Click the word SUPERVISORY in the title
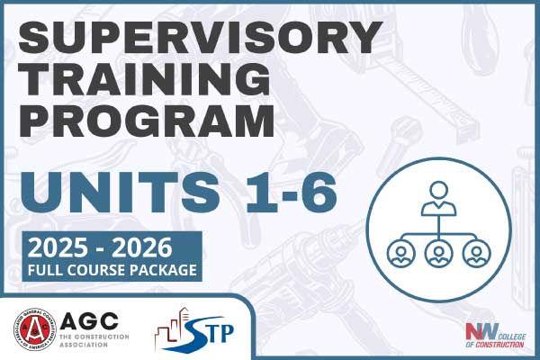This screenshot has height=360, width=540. pos(200,40)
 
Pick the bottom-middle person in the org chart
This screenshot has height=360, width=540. pos(438,252)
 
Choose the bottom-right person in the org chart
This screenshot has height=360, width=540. pos(478,252)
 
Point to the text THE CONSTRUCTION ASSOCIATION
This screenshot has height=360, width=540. pos(94,343)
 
